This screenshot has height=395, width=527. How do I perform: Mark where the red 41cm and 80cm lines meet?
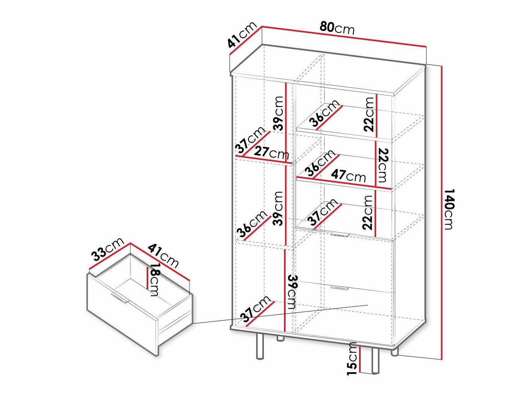click(262, 26)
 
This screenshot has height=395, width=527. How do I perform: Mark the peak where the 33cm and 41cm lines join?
click(130, 243)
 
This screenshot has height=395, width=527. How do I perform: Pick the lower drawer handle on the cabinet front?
click(339, 288)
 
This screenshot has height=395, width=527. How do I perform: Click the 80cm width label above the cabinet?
click(337, 28)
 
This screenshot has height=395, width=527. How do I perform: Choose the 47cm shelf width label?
click(348, 176)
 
